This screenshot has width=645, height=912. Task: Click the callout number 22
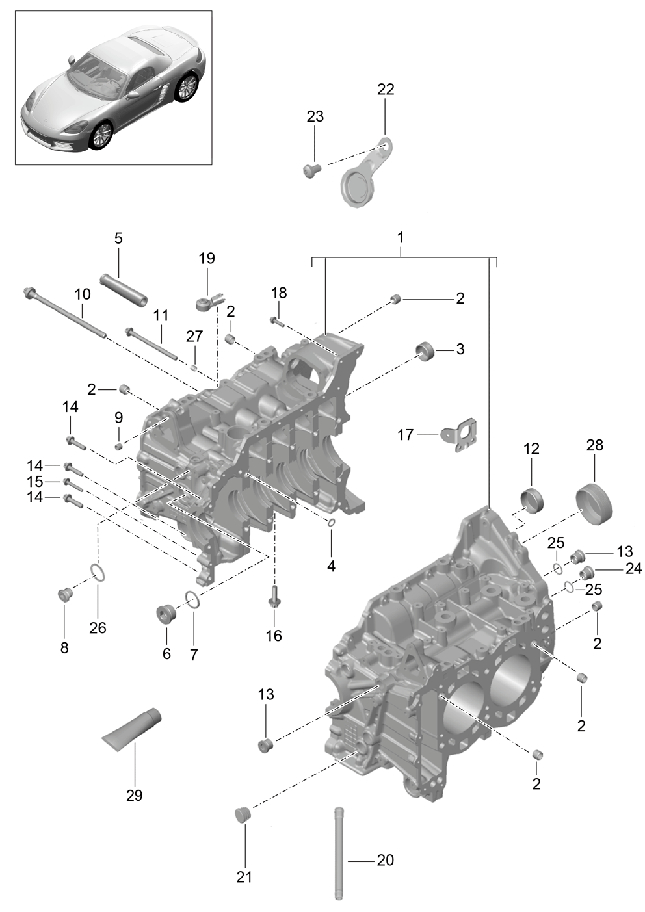pyautogui.click(x=386, y=89)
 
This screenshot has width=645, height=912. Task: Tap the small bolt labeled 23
pyautogui.click(x=312, y=169)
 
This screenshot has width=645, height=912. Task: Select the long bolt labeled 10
pyautogui.click(x=66, y=311)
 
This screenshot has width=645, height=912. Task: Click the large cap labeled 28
pyautogui.click(x=594, y=503)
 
